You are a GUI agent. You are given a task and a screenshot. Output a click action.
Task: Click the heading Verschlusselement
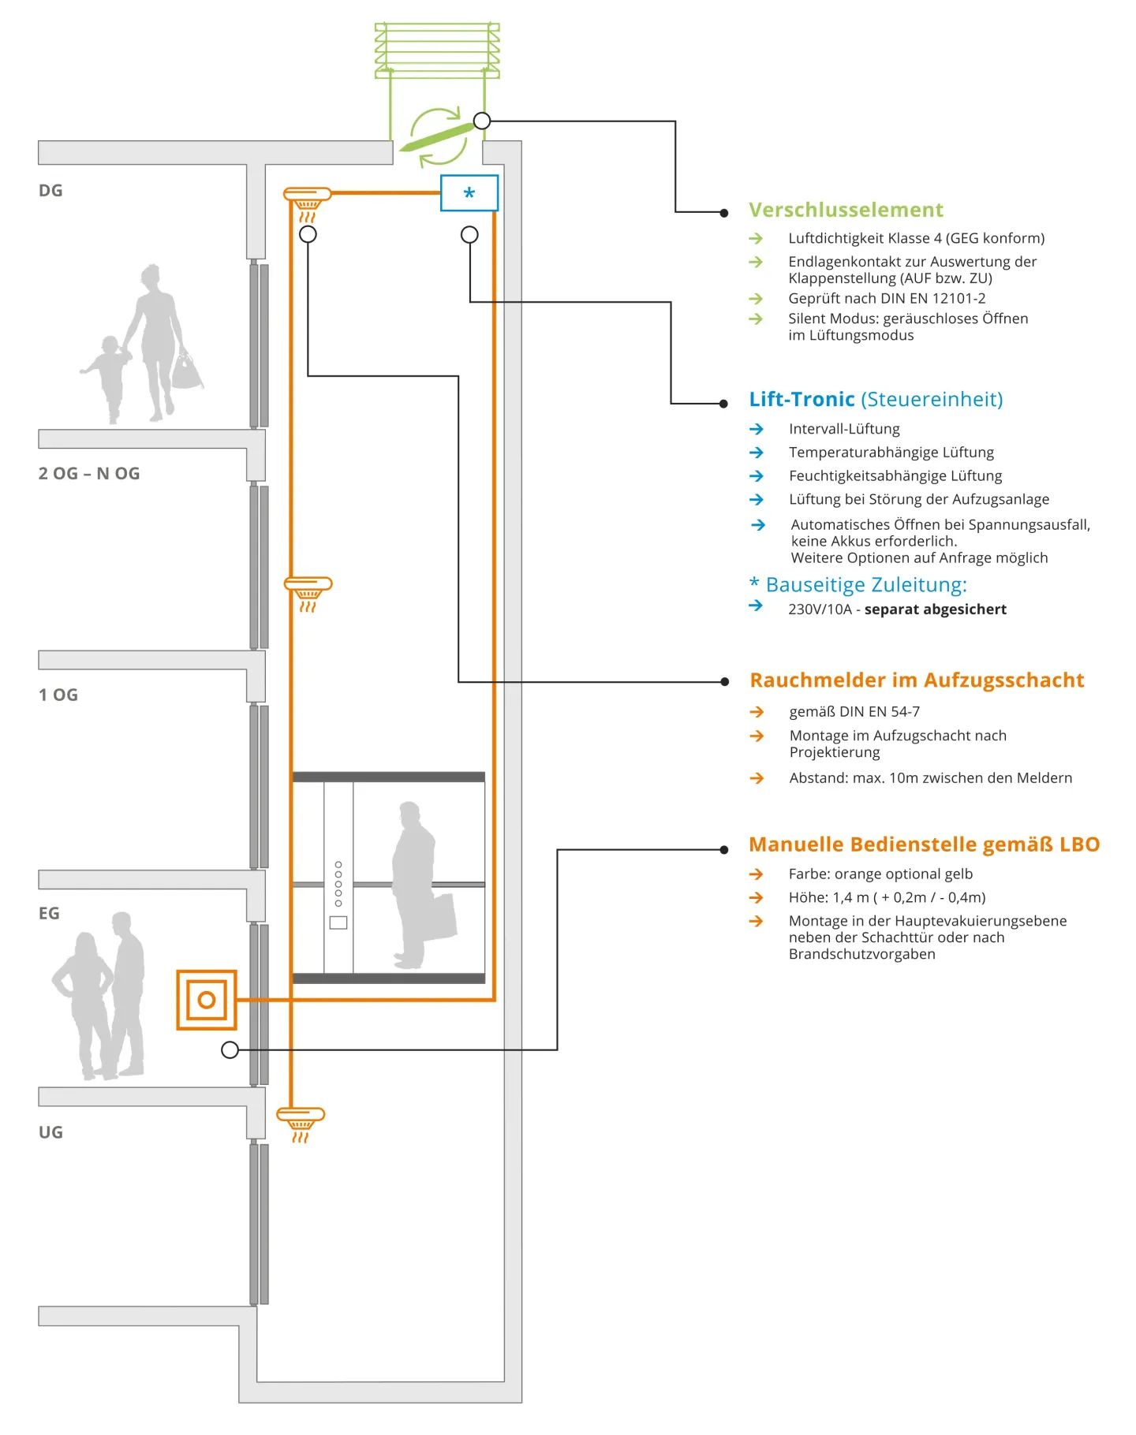[846, 210]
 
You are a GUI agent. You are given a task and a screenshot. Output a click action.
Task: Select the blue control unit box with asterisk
[469, 193]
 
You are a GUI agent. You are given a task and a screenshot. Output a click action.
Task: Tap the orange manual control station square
[207, 1000]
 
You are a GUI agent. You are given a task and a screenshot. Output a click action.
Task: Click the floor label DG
[50, 191]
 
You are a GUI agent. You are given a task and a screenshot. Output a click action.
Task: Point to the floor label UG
[50, 1132]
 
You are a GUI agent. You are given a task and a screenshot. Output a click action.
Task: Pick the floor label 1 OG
[58, 695]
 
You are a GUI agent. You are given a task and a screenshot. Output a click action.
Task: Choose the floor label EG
[49, 913]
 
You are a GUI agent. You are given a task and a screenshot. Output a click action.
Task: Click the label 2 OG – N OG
[89, 473]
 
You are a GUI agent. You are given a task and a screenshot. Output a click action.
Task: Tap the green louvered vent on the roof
[437, 50]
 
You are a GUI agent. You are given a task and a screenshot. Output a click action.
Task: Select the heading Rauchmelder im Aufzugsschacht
[917, 680]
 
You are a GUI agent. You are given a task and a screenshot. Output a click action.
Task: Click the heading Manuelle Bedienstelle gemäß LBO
[924, 844]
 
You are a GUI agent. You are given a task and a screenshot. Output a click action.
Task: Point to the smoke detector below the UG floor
[301, 1121]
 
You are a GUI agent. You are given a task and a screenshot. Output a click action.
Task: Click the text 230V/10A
[820, 609]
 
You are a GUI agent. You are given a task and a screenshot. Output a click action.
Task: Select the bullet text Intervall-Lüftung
[844, 429]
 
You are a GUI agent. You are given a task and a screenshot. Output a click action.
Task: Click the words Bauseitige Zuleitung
[865, 585]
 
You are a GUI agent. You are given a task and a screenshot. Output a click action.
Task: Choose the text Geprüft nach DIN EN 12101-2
[887, 298]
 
